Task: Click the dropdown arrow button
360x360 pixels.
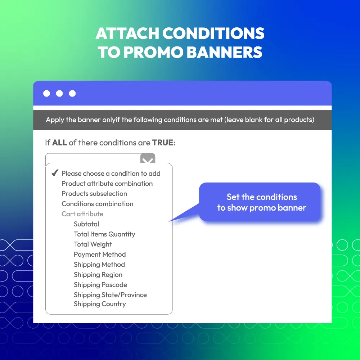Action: tap(148, 159)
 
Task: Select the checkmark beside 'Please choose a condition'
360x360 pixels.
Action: tap(55, 173)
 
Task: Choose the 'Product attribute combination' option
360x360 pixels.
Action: tap(107, 184)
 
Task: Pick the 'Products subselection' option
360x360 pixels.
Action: tap(94, 194)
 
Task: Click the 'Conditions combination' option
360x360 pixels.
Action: tap(97, 204)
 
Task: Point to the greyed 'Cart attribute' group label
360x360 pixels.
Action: tap(82, 214)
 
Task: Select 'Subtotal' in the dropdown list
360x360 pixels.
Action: tap(86, 224)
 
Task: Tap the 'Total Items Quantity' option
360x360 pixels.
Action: tap(104, 234)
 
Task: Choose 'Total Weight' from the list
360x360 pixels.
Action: tap(93, 244)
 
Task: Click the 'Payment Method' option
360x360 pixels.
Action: tap(100, 255)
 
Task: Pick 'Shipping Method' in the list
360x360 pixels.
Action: tap(99, 265)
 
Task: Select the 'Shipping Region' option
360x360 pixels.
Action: tap(98, 275)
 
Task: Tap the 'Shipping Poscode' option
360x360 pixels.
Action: tap(100, 285)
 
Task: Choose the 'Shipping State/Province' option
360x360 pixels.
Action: tap(110, 295)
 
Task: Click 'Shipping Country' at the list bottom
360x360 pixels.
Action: tap(100, 304)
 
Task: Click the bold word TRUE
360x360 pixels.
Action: tap(163, 143)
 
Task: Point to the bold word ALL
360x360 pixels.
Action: tap(59, 143)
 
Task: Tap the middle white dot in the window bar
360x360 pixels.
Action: tap(59, 94)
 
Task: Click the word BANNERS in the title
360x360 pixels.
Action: tap(224, 52)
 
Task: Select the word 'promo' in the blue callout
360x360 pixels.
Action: tap(262, 208)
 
